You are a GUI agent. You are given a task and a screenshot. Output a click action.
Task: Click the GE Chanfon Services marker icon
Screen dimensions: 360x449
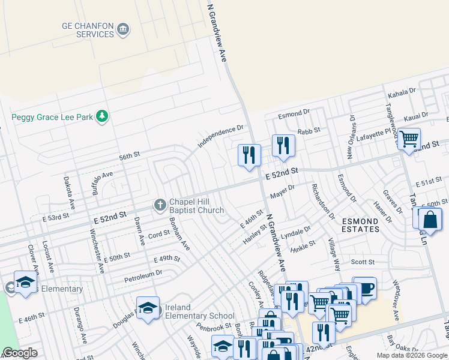(123, 29)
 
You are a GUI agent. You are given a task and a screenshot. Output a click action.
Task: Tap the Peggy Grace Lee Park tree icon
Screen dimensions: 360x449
(102, 116)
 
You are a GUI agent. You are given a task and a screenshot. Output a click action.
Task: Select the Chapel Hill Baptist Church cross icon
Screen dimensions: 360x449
(160, 205)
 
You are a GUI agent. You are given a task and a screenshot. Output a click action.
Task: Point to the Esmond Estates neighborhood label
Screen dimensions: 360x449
(360, 225)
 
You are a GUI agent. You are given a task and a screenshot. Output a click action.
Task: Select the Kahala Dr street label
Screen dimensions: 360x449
(402, 92)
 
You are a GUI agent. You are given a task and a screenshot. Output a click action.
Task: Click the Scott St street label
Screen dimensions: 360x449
(363, 262)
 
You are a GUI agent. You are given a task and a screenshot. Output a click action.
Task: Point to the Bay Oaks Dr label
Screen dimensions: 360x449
(402, 346)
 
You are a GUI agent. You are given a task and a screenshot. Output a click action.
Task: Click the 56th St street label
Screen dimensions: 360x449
(129, 155)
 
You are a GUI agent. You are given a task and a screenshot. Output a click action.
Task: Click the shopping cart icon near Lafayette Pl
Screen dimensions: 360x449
(409, 139)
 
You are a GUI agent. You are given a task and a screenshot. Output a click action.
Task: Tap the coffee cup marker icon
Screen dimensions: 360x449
(364, 287)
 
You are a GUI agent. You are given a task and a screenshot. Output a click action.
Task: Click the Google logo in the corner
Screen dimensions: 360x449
(19, 353)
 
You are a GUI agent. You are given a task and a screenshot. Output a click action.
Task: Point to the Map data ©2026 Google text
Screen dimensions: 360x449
(412, 355)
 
